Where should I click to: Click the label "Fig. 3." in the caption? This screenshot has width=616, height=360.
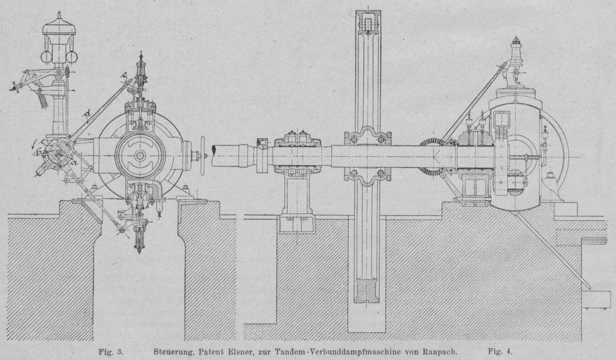tap(112, 351)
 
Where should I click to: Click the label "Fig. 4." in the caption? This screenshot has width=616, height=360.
tap(500, 351)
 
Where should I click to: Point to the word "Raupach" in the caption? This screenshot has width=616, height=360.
tap(441, 351)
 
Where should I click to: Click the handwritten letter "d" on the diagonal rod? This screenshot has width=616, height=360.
tap(86, 117)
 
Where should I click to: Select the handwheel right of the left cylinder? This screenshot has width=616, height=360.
tap(203, 153)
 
